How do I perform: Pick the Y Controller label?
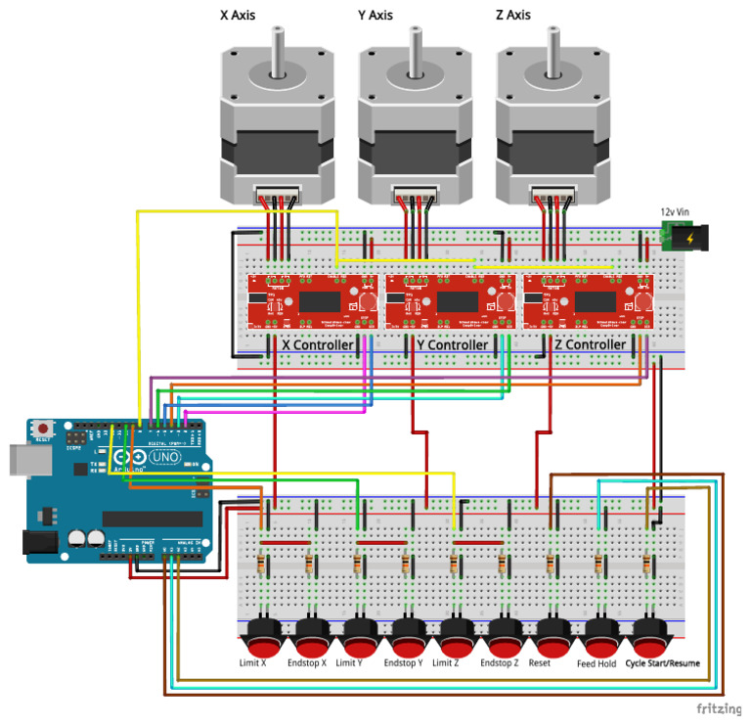pyautogui.click(x=452, y=345)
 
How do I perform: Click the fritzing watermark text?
pyautogui.click(x=717, y=707)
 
